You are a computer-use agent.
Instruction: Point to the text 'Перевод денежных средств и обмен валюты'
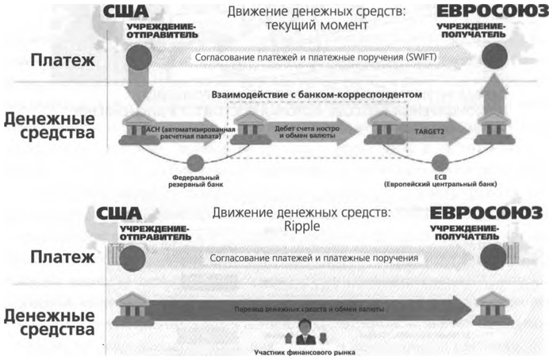[x=306, y=308]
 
